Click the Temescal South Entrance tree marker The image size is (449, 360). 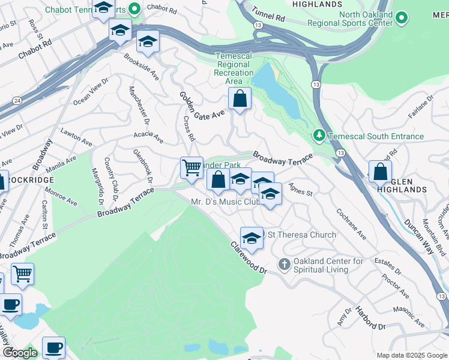[x=319, y=136]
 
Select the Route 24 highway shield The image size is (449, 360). [x=16, y=100]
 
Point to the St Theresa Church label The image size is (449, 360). [x=301, y=235]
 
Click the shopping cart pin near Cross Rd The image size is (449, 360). [x=191, y=167]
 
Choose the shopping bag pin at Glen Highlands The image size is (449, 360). [x=380, y=172]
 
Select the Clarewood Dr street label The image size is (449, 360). [x=248, y=258]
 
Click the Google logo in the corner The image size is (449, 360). [x=20, y=353]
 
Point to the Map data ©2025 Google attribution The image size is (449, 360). [x=411, y=355]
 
